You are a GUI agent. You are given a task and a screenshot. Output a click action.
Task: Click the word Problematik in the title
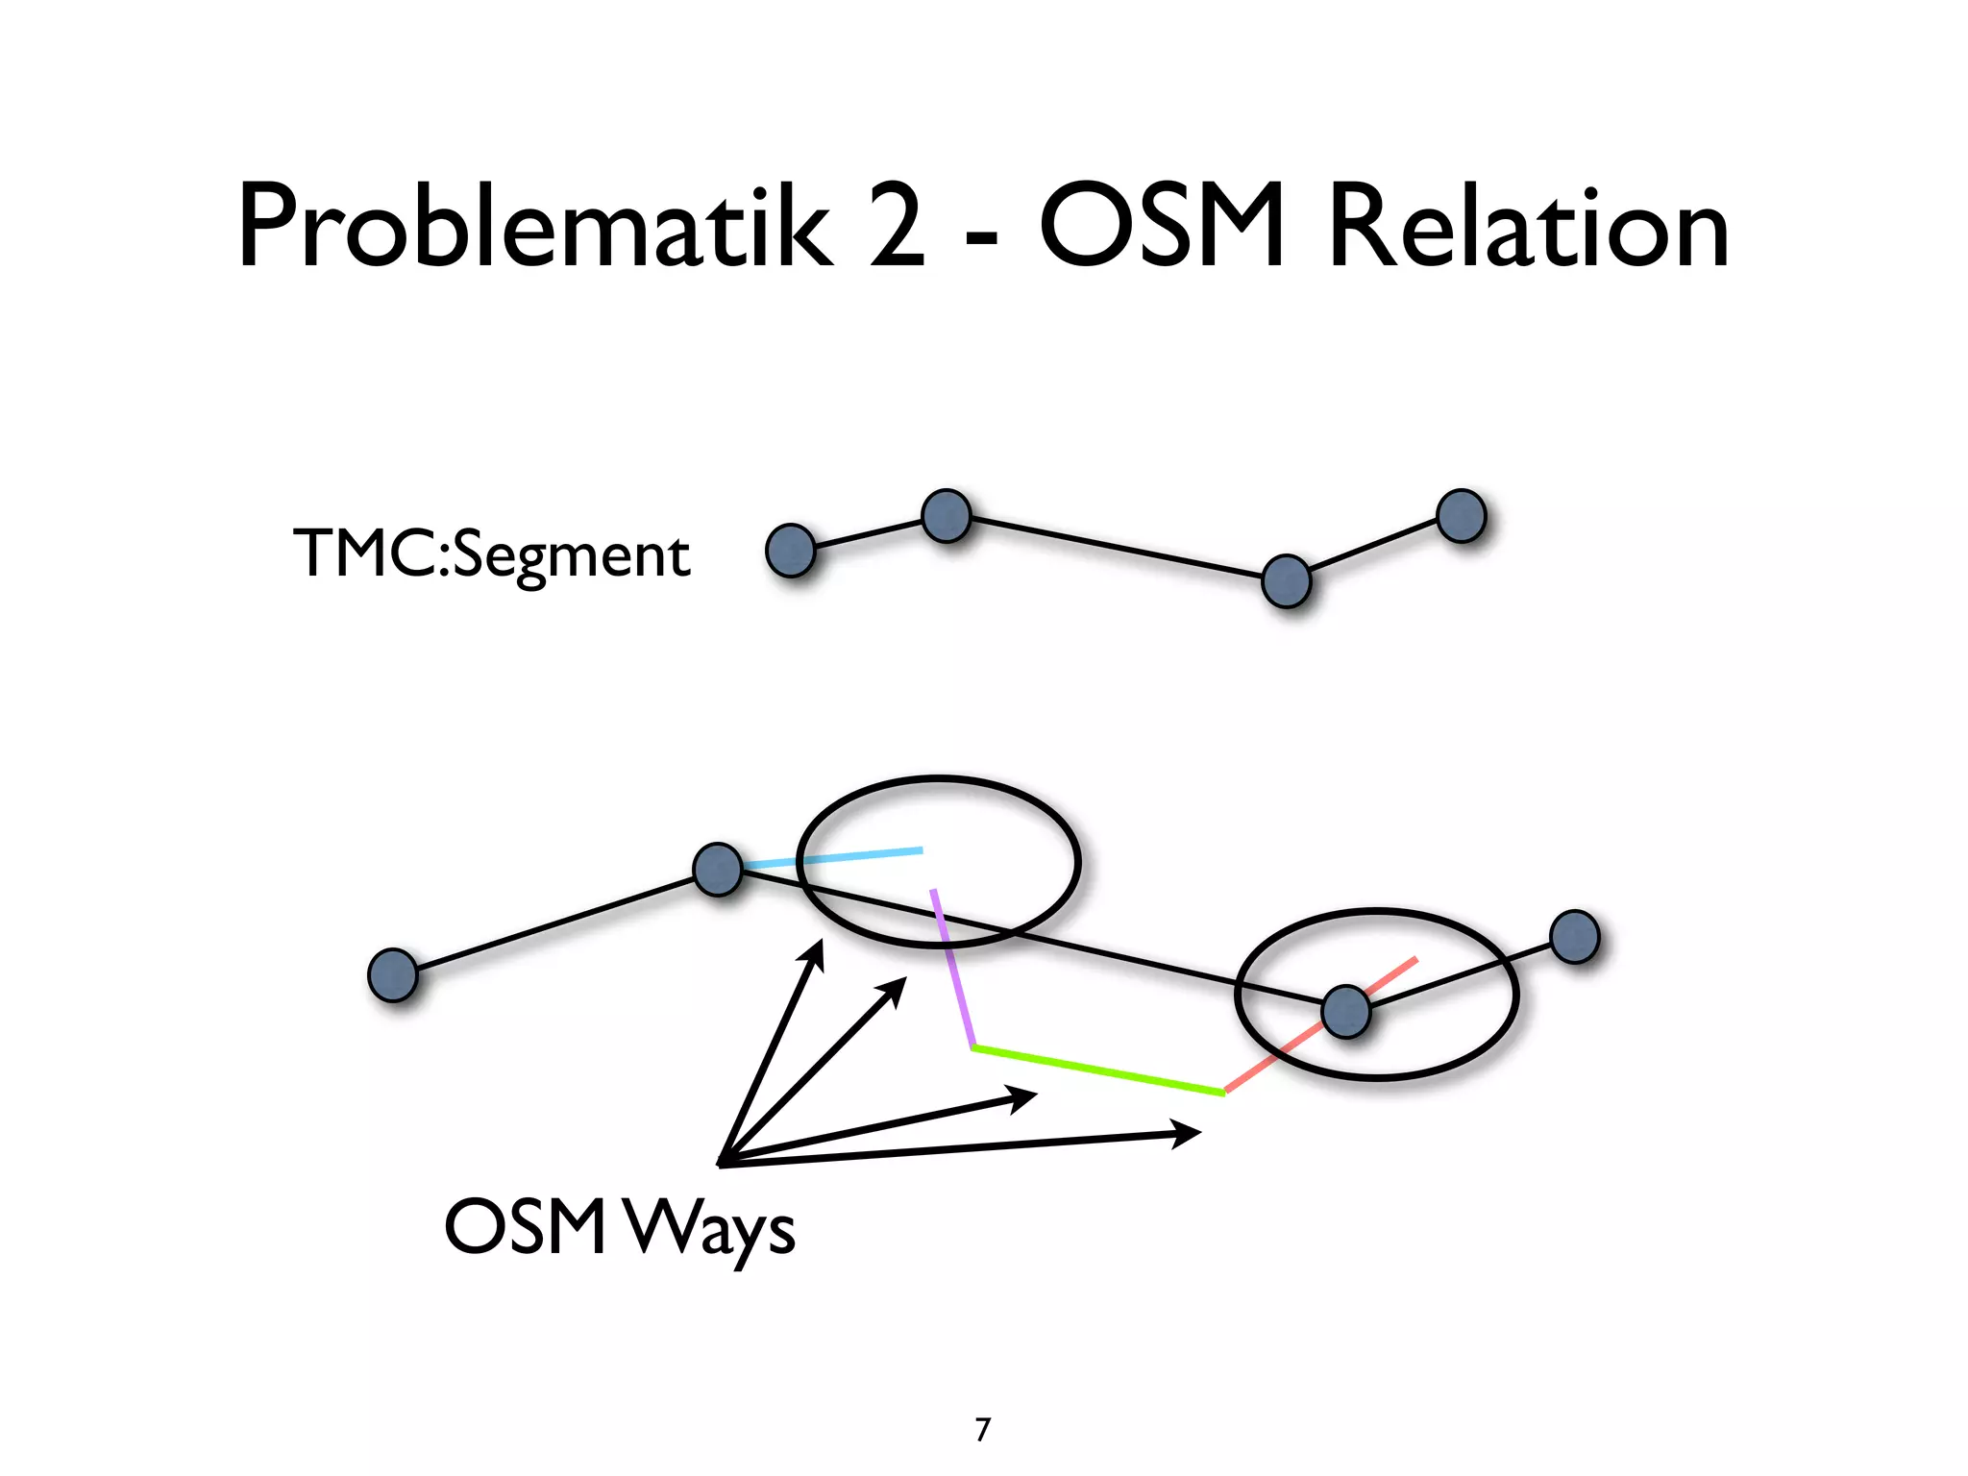pos(534,227)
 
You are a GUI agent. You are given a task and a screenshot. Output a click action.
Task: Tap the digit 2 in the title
pos(897,227)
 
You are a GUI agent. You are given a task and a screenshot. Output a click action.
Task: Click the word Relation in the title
pos(1529,227)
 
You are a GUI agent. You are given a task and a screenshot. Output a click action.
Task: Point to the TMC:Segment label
pos(491,554)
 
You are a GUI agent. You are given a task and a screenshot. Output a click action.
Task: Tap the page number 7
pos(982,1430)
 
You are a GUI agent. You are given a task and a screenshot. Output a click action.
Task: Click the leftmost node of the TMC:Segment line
pos(790,551)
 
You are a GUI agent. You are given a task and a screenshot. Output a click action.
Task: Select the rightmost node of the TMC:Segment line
pos(1461,516)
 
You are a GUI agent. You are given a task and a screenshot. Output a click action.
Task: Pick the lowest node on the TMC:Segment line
pos(1286,581)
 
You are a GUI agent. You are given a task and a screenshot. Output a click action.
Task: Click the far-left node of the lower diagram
pos(393,974)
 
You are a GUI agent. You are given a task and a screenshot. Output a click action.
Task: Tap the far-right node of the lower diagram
pos(1574,937)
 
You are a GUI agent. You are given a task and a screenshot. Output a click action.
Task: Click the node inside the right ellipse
pos(1345,1011)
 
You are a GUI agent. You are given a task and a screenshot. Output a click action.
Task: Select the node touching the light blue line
pos(718,870)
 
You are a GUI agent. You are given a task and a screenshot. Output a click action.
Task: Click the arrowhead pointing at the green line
pos(1024,1097)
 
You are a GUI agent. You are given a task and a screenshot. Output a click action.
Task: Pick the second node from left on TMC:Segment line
pos(947,516)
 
